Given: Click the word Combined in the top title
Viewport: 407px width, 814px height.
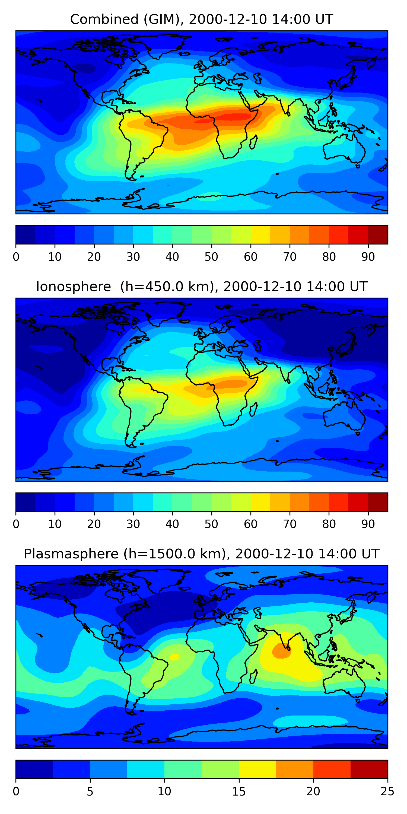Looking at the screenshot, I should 104,20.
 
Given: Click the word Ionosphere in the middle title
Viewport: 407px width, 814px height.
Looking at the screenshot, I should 73,287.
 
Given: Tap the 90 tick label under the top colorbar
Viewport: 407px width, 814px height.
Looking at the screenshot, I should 368,257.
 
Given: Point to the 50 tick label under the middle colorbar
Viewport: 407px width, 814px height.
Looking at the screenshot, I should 211,524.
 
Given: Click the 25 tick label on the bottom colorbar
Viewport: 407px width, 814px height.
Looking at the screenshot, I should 387,791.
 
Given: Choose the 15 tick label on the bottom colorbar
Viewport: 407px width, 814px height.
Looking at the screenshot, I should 239,791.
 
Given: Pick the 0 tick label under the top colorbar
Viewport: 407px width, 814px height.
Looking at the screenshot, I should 16,257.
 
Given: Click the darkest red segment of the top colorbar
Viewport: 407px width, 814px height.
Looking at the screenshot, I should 378,235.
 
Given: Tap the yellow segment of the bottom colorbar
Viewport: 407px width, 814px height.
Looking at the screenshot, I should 257,769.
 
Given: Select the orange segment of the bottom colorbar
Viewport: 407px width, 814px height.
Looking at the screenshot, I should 295,769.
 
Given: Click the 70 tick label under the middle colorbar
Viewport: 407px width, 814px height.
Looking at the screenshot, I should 290,524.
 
